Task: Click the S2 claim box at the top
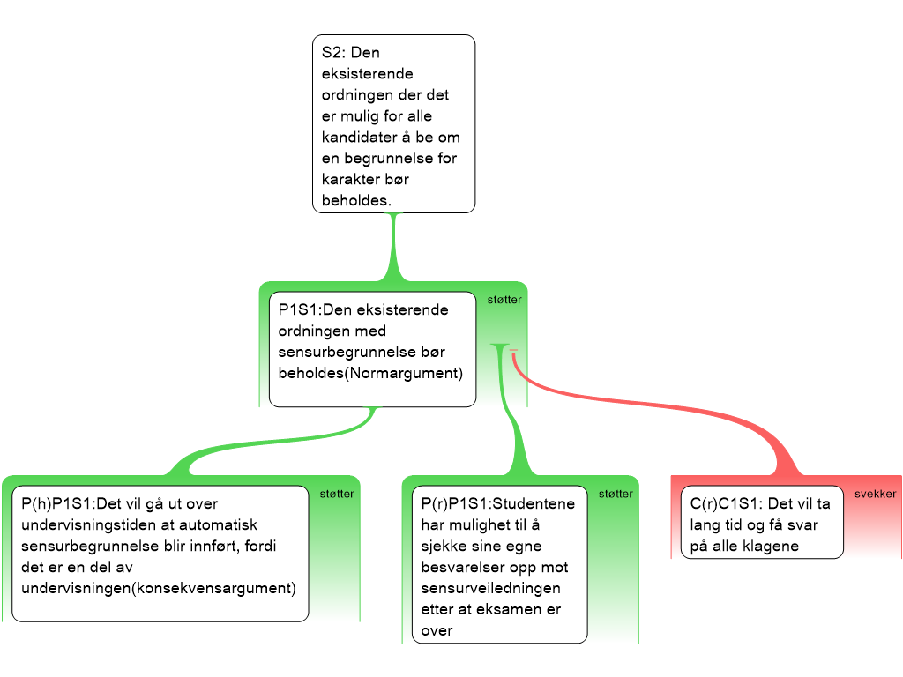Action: (x=393, y=123)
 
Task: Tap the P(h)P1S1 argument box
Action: (x=160, y=554)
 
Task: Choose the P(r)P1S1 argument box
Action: (x=499, y=564)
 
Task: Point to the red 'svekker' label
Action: (x=874, y=494)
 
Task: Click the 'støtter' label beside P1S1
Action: (x=504, y=300)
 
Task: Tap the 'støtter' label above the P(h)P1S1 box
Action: (x=337, y=494)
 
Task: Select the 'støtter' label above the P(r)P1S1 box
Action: (x=616, y=494)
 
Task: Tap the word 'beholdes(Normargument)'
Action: (x=370, y=373)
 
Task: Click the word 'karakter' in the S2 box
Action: (x=350, y=180)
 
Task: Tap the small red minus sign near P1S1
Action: (x=513, y=351)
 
